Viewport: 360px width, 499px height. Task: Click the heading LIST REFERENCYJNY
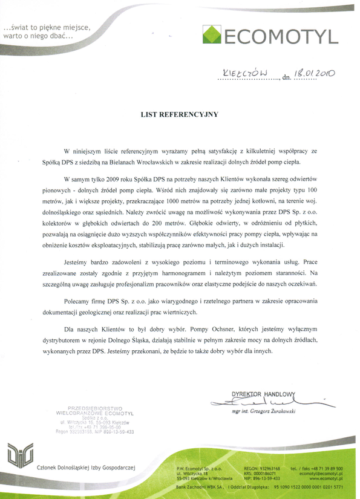coord(179,114)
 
